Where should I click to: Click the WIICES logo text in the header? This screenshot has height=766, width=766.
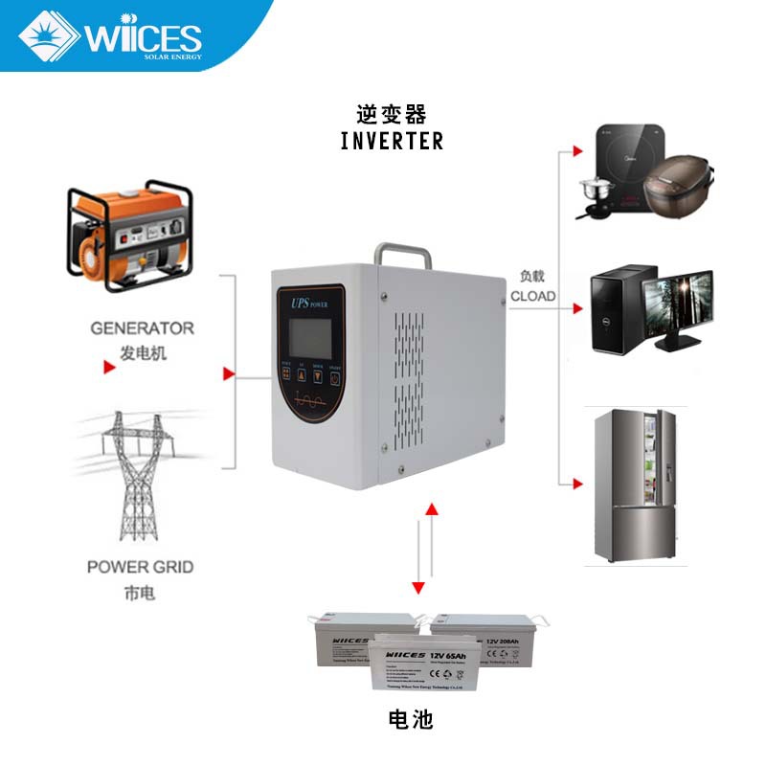pyautogui.click(x=144, y=38)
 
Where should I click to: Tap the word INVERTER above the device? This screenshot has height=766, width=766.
pyautogui.click(x=392, y=141)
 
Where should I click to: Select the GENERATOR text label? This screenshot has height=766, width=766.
pyautogui.click(x=142, y=327)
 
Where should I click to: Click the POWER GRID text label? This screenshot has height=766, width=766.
pyautogui.click(x=140, y=567)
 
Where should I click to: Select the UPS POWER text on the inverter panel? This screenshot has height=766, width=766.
pyautogui.click(x=308, y=303)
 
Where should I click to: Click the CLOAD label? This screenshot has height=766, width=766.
pyautogui.click(x=532, y=296)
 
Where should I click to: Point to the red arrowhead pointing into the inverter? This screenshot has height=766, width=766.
pyautogui.click(x=228, y=372)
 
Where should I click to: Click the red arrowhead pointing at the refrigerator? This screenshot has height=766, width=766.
pyautogui.click(x=576, y=484)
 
